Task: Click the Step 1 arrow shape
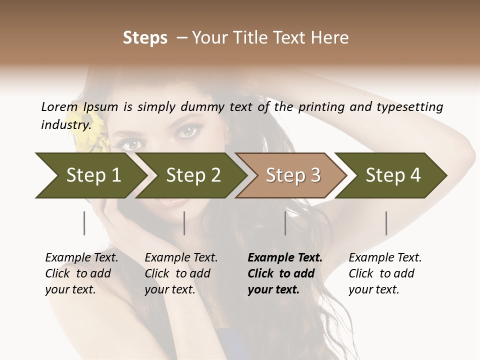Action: tap(92, 175)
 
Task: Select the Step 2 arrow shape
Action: tap(192, 175)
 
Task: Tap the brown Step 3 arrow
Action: tap(292, 175)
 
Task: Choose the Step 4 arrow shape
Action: tap(392, 175)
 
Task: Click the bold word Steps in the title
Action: tap(145, 38)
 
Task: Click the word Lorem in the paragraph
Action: tap(59, 106)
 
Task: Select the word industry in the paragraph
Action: tap(65, 124)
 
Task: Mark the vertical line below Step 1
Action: tap(84, 223)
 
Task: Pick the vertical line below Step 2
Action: tap(184, 223)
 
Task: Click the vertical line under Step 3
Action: tap(285, 223)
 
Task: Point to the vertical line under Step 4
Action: tap(386, 223)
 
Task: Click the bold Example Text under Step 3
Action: tap(285, 258)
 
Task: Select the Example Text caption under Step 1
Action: tap(81, 258)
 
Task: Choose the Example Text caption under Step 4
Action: tap(385, 258)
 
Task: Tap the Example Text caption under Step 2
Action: tap(181, 258)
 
